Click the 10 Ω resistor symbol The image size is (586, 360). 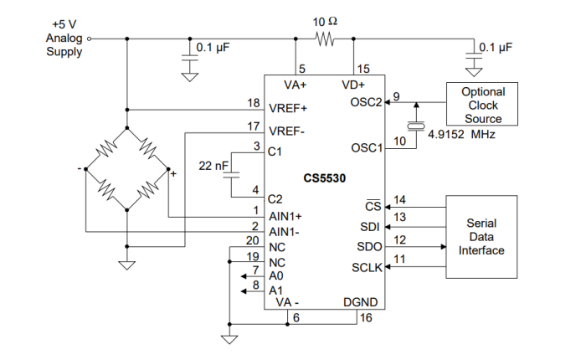(324, 38)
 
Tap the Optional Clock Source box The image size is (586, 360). (483, 105)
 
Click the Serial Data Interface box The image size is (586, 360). (482, 236)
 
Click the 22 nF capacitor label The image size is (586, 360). (213, 166)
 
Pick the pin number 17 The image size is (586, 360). (254, 126)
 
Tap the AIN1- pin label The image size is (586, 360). (285, 231)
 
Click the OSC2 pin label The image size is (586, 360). (365, 103)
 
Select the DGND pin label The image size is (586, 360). (361, 301)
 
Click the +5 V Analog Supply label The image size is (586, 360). (64, 38)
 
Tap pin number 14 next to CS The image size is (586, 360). (399, 200)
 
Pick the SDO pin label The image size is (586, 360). (368, 247)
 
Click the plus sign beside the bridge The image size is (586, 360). (173, 174)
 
